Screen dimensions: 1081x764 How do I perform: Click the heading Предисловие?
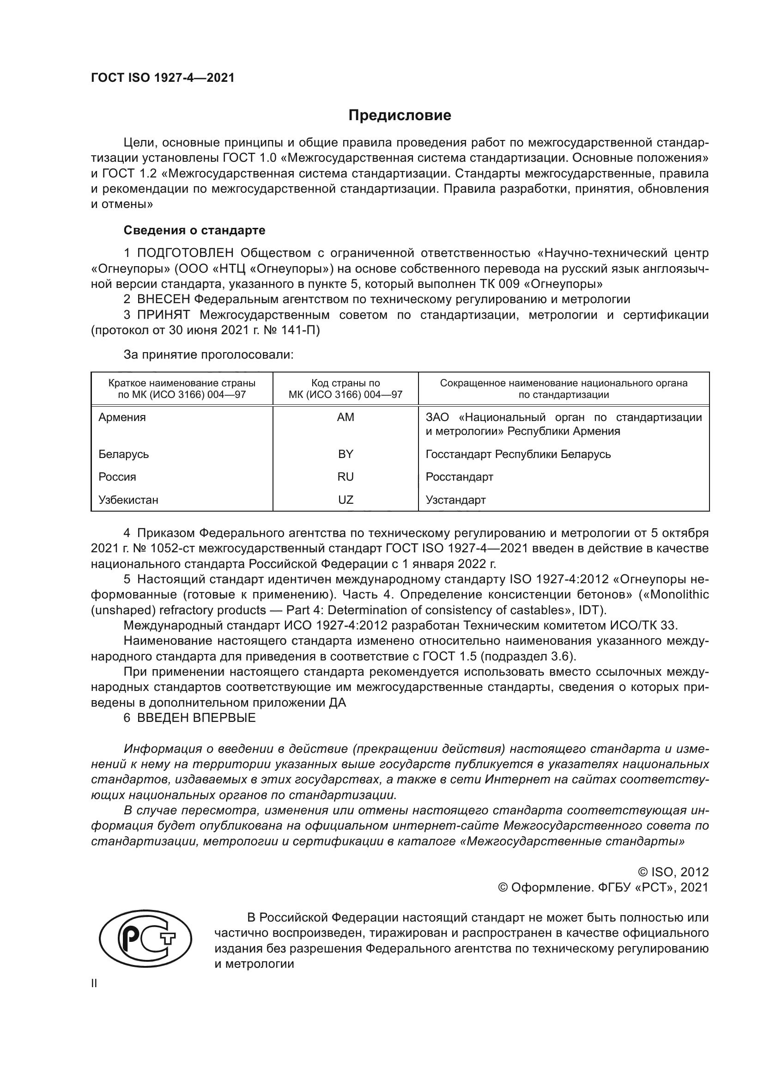point(400,116)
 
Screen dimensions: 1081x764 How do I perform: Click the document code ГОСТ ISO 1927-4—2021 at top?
point(162,78)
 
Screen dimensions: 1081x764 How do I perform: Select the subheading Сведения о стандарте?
point(194,230)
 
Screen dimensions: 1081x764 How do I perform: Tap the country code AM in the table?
point(346,417)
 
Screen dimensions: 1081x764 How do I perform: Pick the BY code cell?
point(346,454)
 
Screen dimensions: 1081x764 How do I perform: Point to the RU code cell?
point(346,476)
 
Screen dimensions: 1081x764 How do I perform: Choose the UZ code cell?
point(346,500)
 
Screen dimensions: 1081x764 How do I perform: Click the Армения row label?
point(122,417)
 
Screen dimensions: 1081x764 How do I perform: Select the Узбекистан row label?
point(128,500)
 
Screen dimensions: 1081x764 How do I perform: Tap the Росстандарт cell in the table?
point(459,476)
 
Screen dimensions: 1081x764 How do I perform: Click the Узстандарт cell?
point(455,500)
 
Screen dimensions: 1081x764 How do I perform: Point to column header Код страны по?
point(346,383)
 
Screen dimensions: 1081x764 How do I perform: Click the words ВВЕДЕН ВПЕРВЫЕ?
point(196,718)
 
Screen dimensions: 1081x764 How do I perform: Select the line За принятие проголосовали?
point(208,354)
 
